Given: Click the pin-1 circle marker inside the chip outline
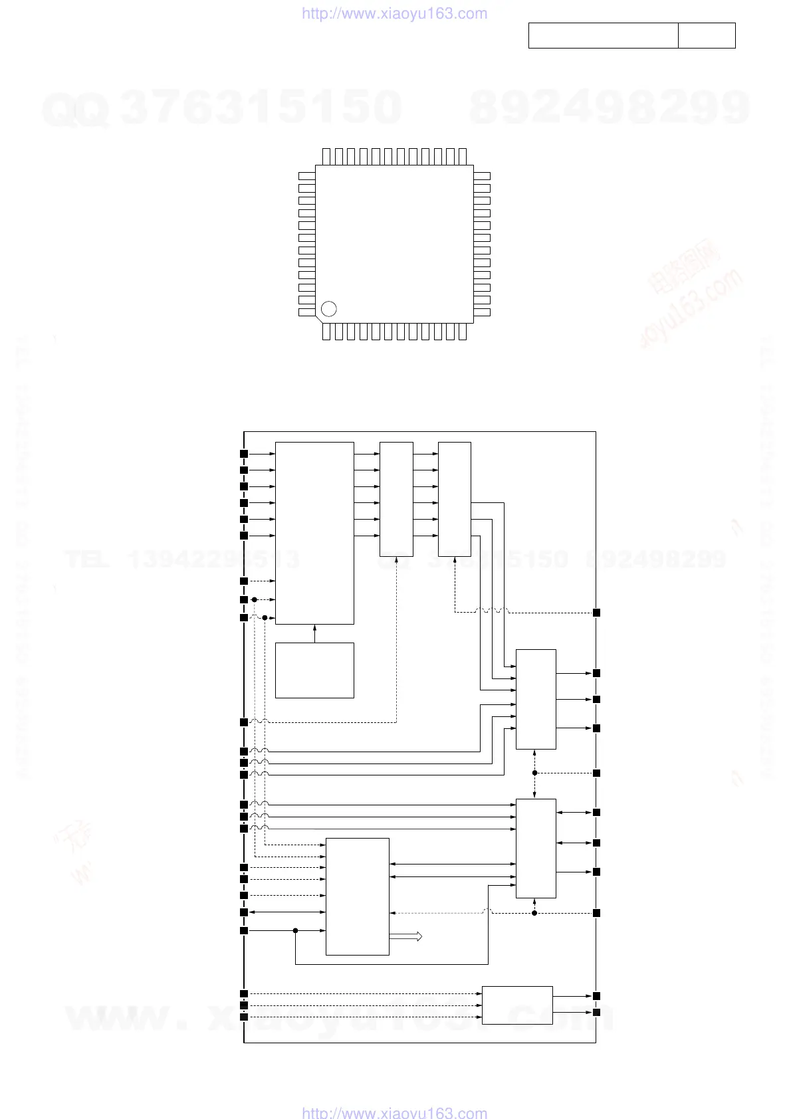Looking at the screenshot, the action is click(x=328, y=308).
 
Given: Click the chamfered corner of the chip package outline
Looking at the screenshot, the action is click(x=318, y=320).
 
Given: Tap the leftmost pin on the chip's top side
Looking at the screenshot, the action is click(x=326, y=157).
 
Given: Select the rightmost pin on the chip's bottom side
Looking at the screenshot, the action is click(x=463, y=331).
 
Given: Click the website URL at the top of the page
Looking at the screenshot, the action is click(x=394, y=14).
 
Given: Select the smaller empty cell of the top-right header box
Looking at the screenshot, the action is click(x=707, y=35).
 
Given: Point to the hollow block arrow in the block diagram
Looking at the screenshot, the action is click(x=406, y=936).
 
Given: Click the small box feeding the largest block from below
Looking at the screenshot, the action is click(x=314, y=670).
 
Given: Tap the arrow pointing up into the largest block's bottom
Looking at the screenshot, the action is click(x=314, y=628).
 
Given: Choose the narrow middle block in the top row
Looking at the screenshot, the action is click(x=396, y=498).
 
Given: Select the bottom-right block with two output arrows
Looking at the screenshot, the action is click(x=517, y=1005).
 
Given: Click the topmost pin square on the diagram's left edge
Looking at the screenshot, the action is click(x=244, y=454).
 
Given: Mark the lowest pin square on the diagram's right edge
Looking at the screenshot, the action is click(x=596, y=1012).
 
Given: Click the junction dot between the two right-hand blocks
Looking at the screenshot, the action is click(x=534, y=773).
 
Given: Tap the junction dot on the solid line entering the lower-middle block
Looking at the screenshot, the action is click(x=295, y=930).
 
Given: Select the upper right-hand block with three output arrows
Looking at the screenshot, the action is click(x=536, y=699).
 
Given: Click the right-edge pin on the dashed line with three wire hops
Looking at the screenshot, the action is click(x=596, y=612).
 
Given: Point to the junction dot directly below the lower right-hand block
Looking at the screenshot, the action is click(x=534, y=913).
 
